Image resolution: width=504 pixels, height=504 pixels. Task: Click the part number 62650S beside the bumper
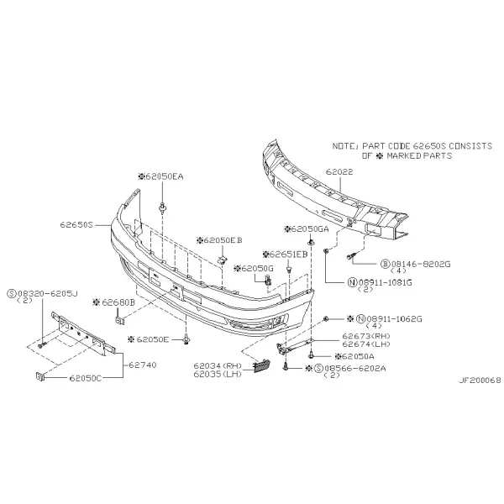[x=76, y=224]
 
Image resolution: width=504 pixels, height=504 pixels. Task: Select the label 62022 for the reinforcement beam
[x=339, y=172]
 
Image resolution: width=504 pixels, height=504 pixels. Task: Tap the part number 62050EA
[x=165, y=176]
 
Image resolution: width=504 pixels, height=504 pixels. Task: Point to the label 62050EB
[x=223, y=240]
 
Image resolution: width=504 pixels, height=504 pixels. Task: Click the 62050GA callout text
[x=310, y=229]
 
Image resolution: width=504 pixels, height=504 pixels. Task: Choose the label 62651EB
[x=289, y=255]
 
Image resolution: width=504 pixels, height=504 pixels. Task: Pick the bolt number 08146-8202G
[x=421, y=265]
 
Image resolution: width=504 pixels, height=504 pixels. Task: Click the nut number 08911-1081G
[x=385, y=282]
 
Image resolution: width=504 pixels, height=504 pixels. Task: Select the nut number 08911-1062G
[x=395, y=319]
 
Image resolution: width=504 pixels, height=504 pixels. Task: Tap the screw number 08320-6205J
[x=48, y=293]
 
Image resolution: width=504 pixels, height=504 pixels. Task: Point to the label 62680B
[x=118, y=302]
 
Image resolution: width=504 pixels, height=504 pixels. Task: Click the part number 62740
[x=143, y=365]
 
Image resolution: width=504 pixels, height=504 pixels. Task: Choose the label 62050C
[x=86, y=378]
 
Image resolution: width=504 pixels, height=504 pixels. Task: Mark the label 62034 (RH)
[x=218, y=365]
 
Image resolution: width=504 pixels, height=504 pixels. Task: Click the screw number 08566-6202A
[x=355, y=369]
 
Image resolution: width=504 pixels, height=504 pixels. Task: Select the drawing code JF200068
[x=480, y=381]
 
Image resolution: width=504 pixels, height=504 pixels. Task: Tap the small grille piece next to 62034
[x=261, y=365]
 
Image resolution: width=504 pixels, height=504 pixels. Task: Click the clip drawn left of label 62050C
[x=39, y=376]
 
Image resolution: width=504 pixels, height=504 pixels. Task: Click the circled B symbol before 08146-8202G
[x=385, y=265]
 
